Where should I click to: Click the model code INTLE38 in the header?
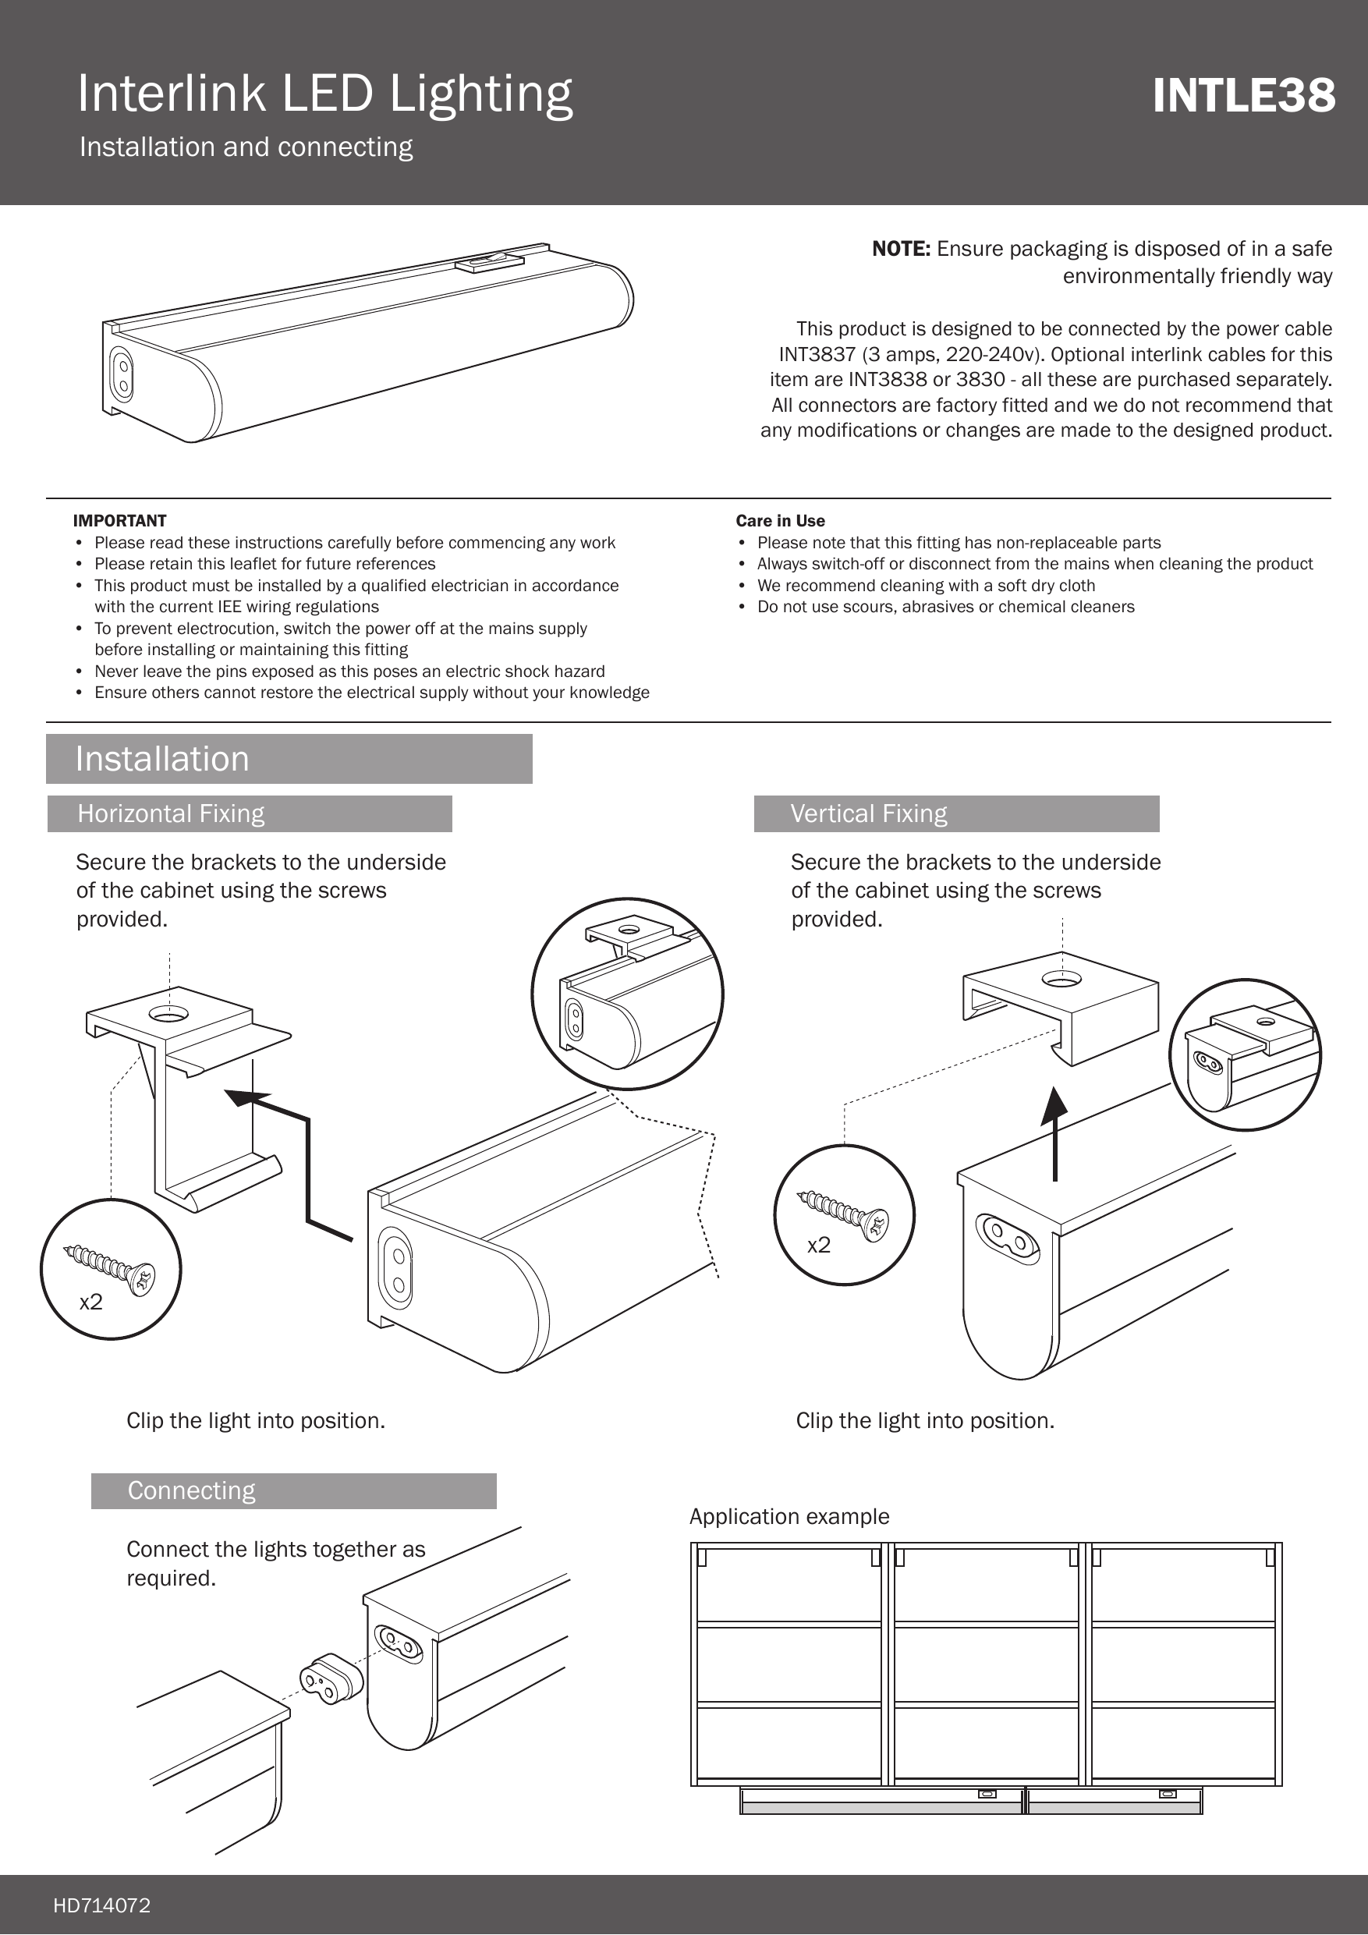pos(1243,95)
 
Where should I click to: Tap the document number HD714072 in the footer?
pos(102,1905)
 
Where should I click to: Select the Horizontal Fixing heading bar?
pos(250,814)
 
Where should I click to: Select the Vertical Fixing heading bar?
pos(956,814)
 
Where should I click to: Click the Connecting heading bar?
pos(293,1491)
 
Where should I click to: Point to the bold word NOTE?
pos(900,249)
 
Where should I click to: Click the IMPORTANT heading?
pos(119,521)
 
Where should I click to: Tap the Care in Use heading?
pos(780,521)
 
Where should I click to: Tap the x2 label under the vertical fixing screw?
pos(818,1246)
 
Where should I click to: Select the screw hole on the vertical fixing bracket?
pos(1061,979)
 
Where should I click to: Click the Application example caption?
pos(789,1517)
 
